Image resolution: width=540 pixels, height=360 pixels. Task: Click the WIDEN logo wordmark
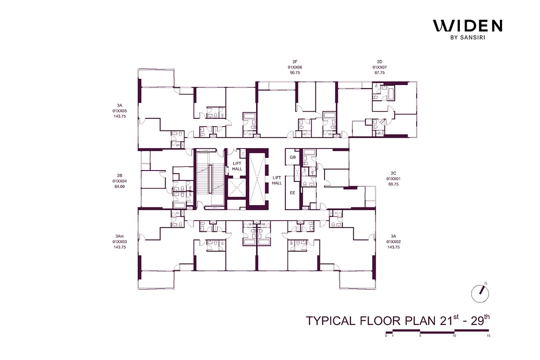pyautogui.click(x=468, y=26)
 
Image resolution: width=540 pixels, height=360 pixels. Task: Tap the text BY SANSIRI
pyautogui.click(x=468, y=38)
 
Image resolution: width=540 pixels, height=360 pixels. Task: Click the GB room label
pyautogui.click(x=292, y=157)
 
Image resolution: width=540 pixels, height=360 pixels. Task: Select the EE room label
pyautogui.click(x=292, y=193)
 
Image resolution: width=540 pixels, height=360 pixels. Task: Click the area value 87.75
pyautogui.click(x=379, y=72)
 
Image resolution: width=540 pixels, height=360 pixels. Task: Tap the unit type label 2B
pyautogui.click(x=119, y=175)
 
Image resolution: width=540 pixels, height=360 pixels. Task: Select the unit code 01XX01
pyautogui.click(x=394, y=179)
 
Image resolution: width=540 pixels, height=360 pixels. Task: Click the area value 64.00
pyautogui.click(x=119, y=186)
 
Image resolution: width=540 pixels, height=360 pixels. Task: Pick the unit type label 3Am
pyautogui.click(x=119, y=236)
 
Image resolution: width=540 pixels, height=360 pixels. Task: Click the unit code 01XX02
pyautogui.click(x=394, y=242)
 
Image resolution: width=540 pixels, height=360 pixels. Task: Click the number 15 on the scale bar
pyautogui.click(x=488, y=336)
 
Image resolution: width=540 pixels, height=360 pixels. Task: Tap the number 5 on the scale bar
pyautogui.click(x=420, y=336)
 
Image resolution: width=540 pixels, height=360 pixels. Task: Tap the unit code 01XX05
pyautogui.click(x=119, y=111)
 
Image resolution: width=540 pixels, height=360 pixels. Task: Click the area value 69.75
pyautogui.click(x=394, y=184)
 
